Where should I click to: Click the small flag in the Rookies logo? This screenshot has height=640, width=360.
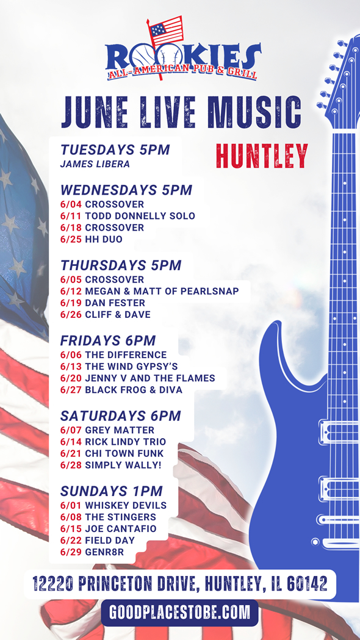166,31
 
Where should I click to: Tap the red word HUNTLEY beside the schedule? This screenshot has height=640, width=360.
262,156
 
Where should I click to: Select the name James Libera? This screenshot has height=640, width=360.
95,164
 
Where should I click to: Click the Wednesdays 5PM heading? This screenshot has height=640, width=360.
126,190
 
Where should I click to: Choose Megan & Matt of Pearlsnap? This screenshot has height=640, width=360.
162,292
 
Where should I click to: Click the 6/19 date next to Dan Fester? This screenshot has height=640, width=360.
71,303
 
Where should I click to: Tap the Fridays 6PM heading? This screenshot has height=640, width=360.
108,340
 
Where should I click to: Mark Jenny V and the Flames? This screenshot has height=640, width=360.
149,378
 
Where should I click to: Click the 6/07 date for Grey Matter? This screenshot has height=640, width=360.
71,430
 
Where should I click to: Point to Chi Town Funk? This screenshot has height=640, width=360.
124,453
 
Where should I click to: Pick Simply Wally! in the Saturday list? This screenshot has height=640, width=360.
123,466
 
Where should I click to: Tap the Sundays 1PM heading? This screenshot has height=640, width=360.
112,491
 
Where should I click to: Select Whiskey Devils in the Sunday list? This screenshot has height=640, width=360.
126,506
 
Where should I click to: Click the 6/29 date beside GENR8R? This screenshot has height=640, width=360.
71,552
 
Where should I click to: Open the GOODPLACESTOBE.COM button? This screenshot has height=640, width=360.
179,613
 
